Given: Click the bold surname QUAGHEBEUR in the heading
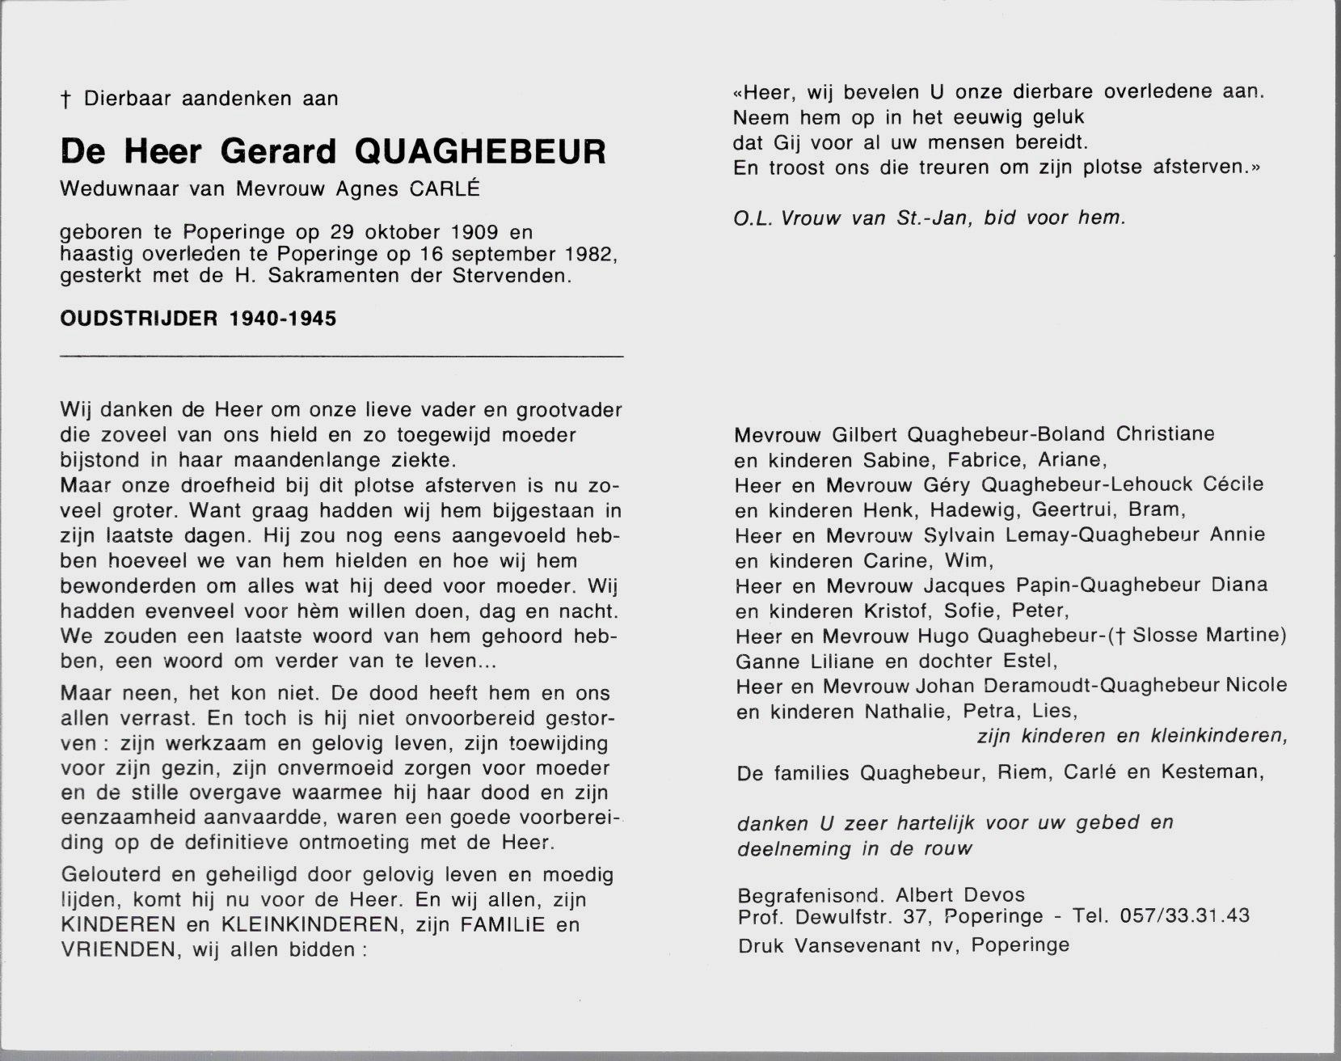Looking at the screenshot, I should pos(480,152).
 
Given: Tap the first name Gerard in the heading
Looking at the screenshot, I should pos(277,152).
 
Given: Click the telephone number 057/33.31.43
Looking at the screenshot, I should pos(1185,915).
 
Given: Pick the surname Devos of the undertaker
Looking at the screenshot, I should pos(994,894).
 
